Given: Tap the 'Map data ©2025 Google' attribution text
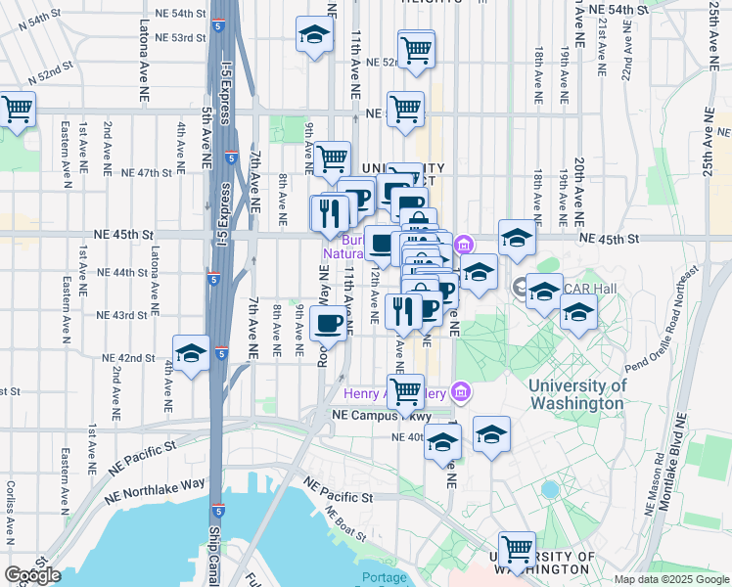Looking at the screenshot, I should pos(671,579).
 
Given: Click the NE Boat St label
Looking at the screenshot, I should pos(343,524).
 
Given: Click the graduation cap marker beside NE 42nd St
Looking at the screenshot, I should pos(191,353).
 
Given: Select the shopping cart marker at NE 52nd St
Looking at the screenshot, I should pos(416,48).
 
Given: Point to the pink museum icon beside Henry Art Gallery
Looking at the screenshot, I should pos(463,394).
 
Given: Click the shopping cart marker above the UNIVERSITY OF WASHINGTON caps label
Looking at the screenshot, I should pos(516,549).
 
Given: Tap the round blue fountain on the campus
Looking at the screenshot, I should pos(550,487).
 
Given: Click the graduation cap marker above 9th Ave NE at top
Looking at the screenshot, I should pos(314,34).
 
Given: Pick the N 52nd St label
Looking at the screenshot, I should pos(50,73).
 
